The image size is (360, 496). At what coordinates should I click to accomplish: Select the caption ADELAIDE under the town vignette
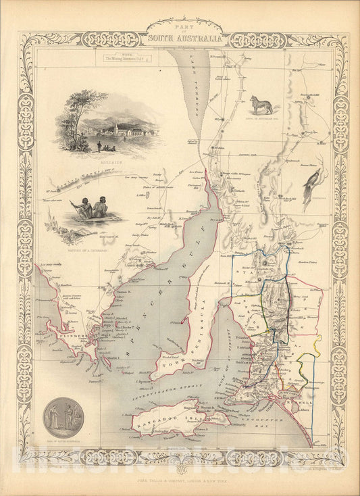tap(108, 162)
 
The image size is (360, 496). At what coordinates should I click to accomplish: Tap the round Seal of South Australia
tap(63, 417)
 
